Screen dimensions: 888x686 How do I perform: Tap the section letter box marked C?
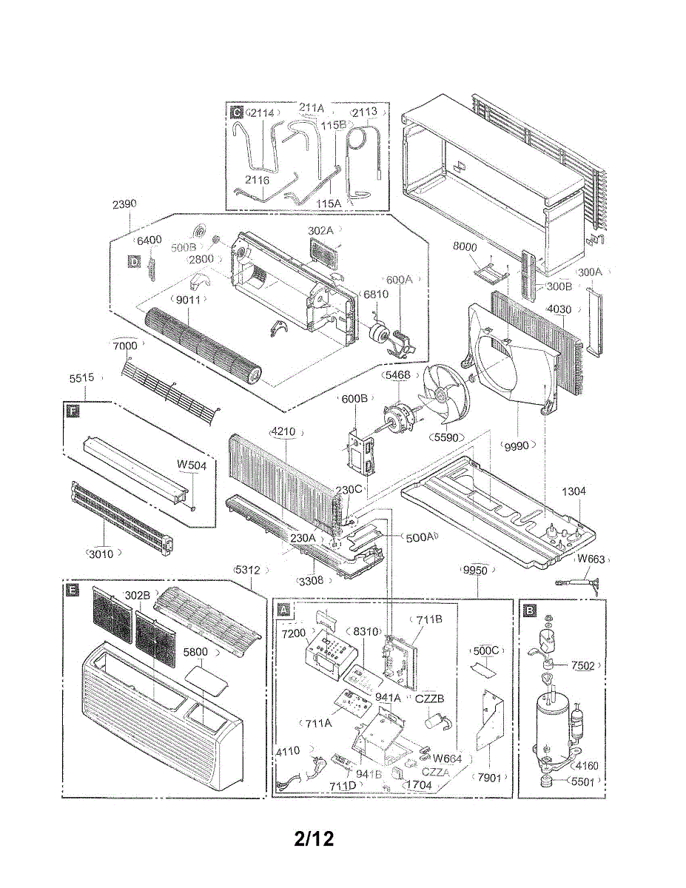click(236, 112)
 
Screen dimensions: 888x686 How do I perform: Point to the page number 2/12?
click(314, 838)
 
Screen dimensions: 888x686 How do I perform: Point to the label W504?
click(191, 465)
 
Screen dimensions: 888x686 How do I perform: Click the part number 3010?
click(101, 553)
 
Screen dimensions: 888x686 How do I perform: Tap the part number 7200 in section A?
click(293, 635)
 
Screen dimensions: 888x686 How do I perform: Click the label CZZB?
click(430, 698)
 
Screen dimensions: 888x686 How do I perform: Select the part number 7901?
click(489, 778)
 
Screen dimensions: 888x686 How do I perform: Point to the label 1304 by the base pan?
click(574, 491)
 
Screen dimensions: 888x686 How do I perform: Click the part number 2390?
click(124, 203)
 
